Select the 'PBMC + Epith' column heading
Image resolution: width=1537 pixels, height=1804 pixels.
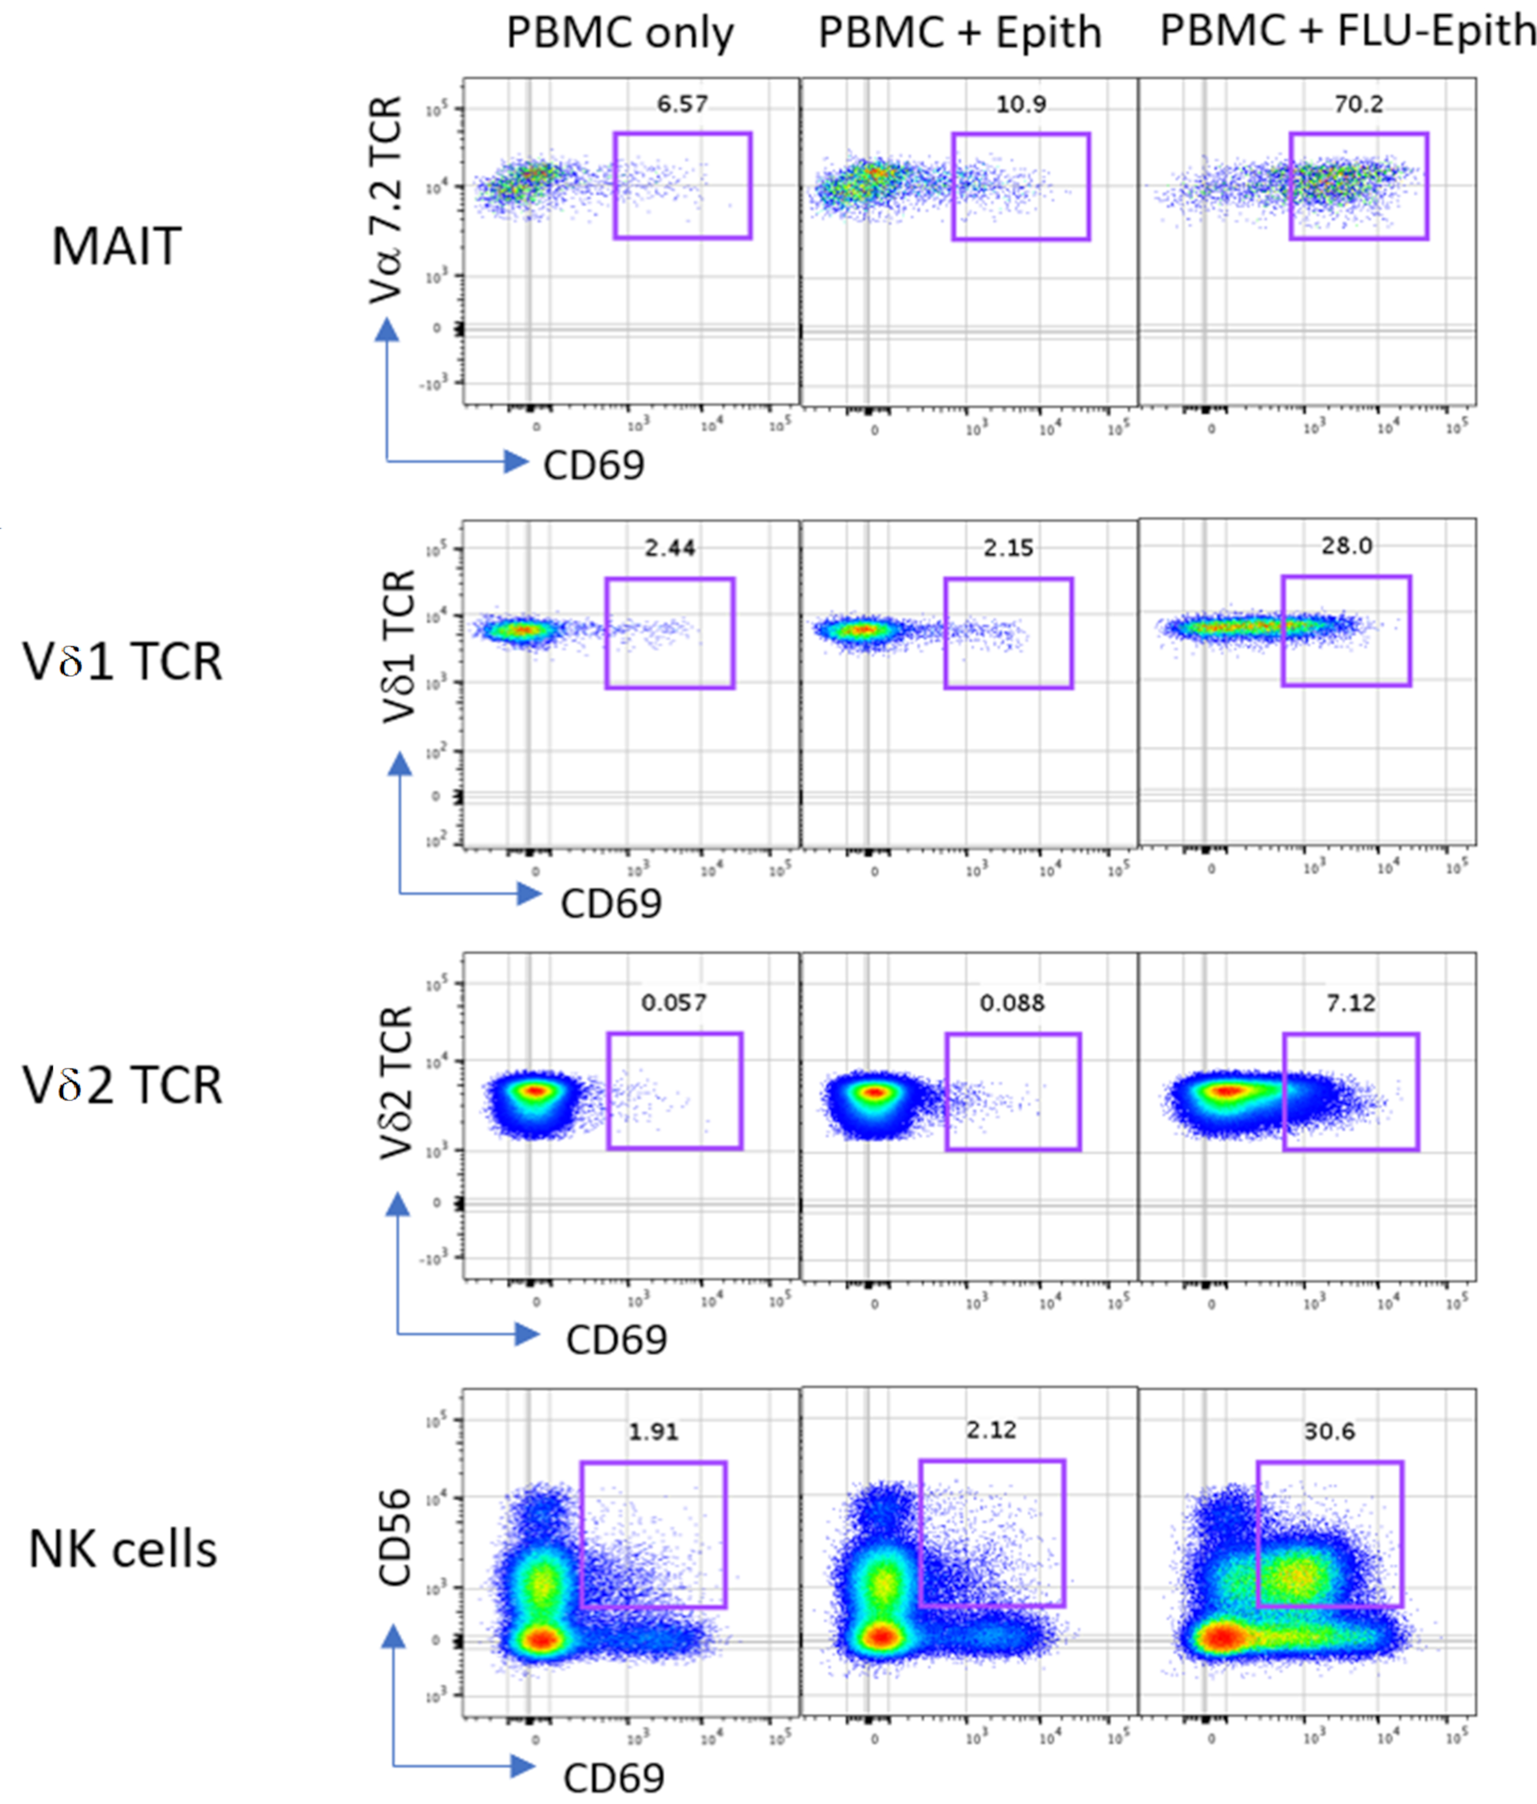[960, 34]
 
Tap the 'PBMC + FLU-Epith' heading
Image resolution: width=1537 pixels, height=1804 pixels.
[1348, 31]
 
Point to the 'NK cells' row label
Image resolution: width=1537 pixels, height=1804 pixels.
[123, 1550]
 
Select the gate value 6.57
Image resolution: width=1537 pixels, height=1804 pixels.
[682, 104]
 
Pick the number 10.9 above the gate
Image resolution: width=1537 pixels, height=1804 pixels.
[1021, 104]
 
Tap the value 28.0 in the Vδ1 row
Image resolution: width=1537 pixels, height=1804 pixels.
[1346, 546]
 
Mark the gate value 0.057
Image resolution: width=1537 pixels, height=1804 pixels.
[673, 1002]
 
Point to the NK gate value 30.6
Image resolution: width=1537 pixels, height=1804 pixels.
[1329, 1431]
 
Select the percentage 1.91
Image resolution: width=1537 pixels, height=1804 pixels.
[653, 1431]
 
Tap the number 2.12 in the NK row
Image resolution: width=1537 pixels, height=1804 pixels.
[991, 1430]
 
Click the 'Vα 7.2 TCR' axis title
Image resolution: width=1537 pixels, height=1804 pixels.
[386, 200]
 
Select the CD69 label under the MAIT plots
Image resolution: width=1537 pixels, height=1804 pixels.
[594, 465]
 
